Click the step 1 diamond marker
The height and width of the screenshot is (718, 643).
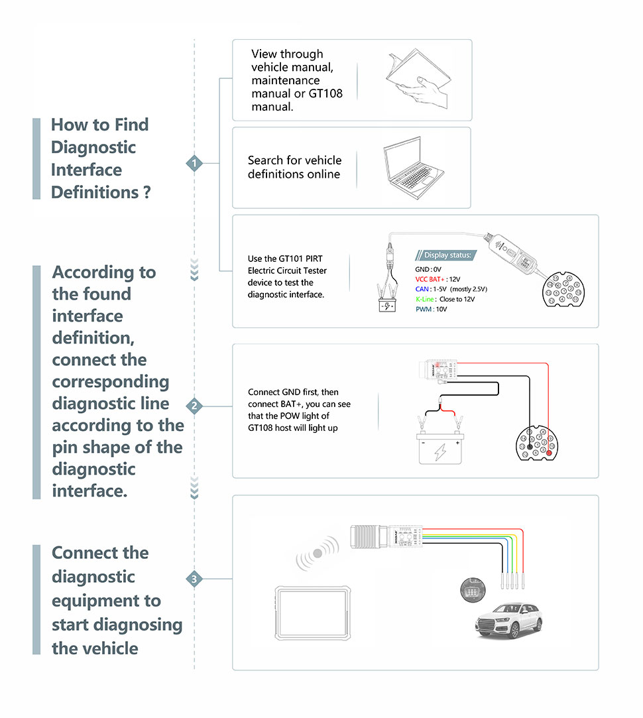coord(194,162)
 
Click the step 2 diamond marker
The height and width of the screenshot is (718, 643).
coord(194,406)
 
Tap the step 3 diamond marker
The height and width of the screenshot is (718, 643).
coord(194,579)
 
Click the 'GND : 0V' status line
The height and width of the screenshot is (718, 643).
coord(428,269)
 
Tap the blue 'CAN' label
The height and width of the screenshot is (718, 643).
coord(422,289)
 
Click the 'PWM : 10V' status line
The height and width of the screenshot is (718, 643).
coord(431,309)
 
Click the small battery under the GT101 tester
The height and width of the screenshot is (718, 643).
coord(385,307)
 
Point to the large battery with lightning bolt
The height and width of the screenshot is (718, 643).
coord(439,450)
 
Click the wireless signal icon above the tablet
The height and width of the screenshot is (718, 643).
coord(317,554)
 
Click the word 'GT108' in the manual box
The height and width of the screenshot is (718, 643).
coord(325,93)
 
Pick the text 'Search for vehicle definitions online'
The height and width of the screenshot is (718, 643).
coord(294,167)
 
